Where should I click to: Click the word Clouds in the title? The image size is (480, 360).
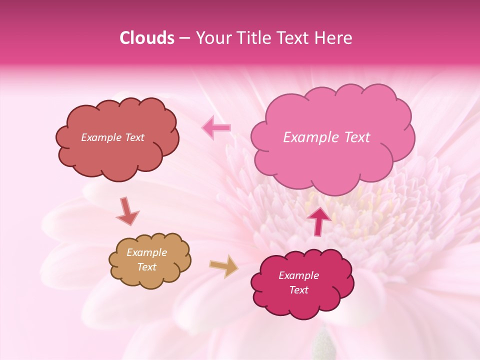(x=147, y=38)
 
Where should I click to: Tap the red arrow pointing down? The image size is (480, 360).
(x=127, y=211)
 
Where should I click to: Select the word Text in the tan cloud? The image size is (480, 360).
(x=146, y=267)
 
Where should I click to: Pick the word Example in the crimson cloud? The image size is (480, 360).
(x=298, y=275)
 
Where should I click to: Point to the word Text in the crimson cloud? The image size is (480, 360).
(x=298, y=290)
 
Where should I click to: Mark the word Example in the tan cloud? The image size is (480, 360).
(x=146, y=252)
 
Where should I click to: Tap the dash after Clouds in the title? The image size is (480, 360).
(x=184, y=38)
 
